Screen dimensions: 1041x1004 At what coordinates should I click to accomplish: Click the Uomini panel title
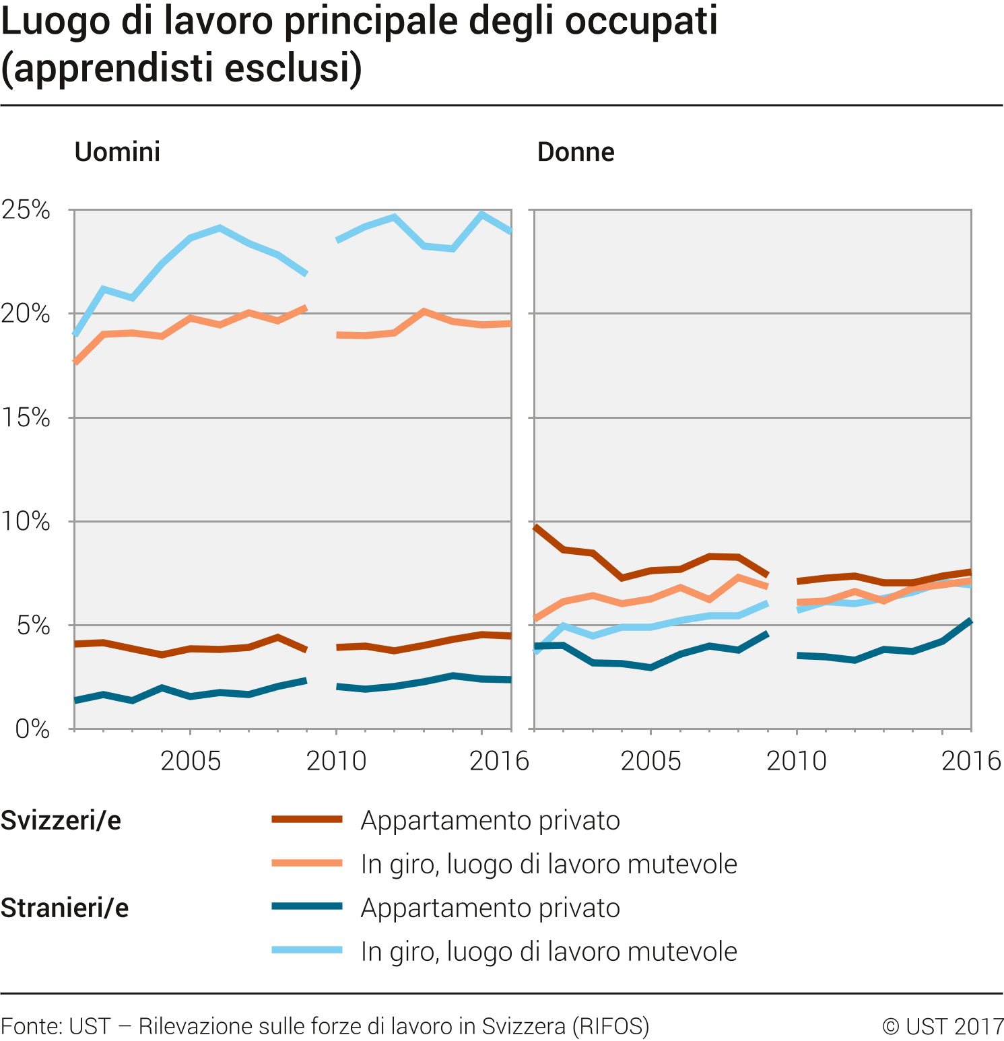(117, 152)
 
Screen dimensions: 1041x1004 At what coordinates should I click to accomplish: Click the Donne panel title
(576, 152)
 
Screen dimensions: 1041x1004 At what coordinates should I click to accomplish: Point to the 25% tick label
(26, 210)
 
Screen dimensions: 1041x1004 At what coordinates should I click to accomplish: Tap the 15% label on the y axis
(26, 418)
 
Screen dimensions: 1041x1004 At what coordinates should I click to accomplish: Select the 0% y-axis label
(32, 729)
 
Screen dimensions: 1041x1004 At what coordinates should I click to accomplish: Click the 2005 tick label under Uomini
(191, 762)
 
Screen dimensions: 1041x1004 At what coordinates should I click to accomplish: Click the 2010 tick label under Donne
(796, 762)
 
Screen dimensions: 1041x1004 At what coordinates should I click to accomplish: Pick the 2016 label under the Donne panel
(970, 762)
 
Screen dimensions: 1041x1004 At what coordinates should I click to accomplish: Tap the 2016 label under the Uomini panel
(499, 762)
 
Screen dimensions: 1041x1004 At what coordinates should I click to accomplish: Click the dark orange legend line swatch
(307, 819)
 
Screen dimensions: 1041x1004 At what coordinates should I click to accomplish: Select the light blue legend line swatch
(307, 950)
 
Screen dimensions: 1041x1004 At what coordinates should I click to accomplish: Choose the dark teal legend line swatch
(307, 906)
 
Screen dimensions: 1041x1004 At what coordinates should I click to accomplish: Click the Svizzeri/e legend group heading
(61, 821)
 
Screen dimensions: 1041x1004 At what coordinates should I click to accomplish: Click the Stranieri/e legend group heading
(65, 908)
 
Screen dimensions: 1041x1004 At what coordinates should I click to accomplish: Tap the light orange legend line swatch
(307, 863)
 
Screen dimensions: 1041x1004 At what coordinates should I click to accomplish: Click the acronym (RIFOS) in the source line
(611, 1026)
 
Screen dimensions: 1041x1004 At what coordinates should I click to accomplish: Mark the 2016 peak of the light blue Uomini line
(481, 215)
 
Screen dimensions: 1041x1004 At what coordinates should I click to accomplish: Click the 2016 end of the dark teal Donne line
(970, 621)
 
